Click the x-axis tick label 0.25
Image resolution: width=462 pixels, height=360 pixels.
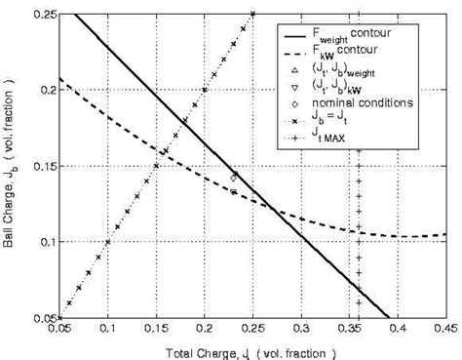pos(252,330)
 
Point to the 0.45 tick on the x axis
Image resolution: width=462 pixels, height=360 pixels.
pos(446,330)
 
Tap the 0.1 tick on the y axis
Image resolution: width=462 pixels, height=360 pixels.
pos(46,241)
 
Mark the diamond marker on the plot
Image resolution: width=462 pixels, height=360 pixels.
pos(234,177)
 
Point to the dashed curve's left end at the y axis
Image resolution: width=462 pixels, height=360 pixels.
pos(59,79)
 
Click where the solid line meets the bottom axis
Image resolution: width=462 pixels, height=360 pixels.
pos(388,317)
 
